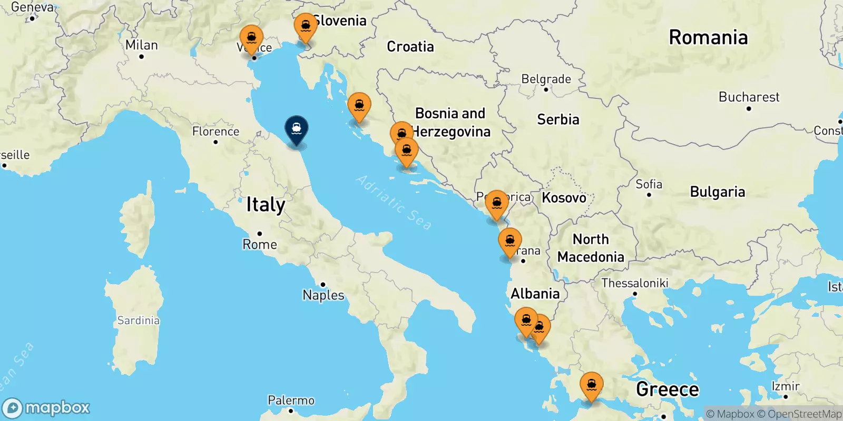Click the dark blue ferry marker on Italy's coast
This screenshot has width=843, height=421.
click(x=297, y=129)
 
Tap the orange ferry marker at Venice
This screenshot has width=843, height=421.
click(x=251, y=39)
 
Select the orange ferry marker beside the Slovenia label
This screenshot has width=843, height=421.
click(x=306, y=27)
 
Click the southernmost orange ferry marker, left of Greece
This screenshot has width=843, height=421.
click(x=591, y=386)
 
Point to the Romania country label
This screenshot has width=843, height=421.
click(x=708, y=37)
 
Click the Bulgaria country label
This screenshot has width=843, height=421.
click(x=718, y=192)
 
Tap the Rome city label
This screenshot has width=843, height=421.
click(x=260, y=244)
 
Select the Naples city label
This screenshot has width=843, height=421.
click(x=324, y=295)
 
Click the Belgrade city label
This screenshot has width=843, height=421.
click(x=546, y=79)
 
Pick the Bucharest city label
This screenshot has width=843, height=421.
click(x=749, y=97)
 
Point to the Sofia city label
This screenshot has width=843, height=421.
click(x=649, y=184)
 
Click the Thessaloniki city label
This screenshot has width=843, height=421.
click(x=635, y=283)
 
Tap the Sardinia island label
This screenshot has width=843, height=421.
click(x=138, y=320)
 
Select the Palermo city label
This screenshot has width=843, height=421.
click(x=291, y=400)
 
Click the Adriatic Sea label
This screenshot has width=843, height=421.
click(x=394, y=202)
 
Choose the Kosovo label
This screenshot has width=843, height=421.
click(x=564, y=198)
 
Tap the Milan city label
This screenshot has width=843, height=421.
click(x=141, y=45)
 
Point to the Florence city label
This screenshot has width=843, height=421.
click(x=215, y=131)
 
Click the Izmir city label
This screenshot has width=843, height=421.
click(x=786, y=386)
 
